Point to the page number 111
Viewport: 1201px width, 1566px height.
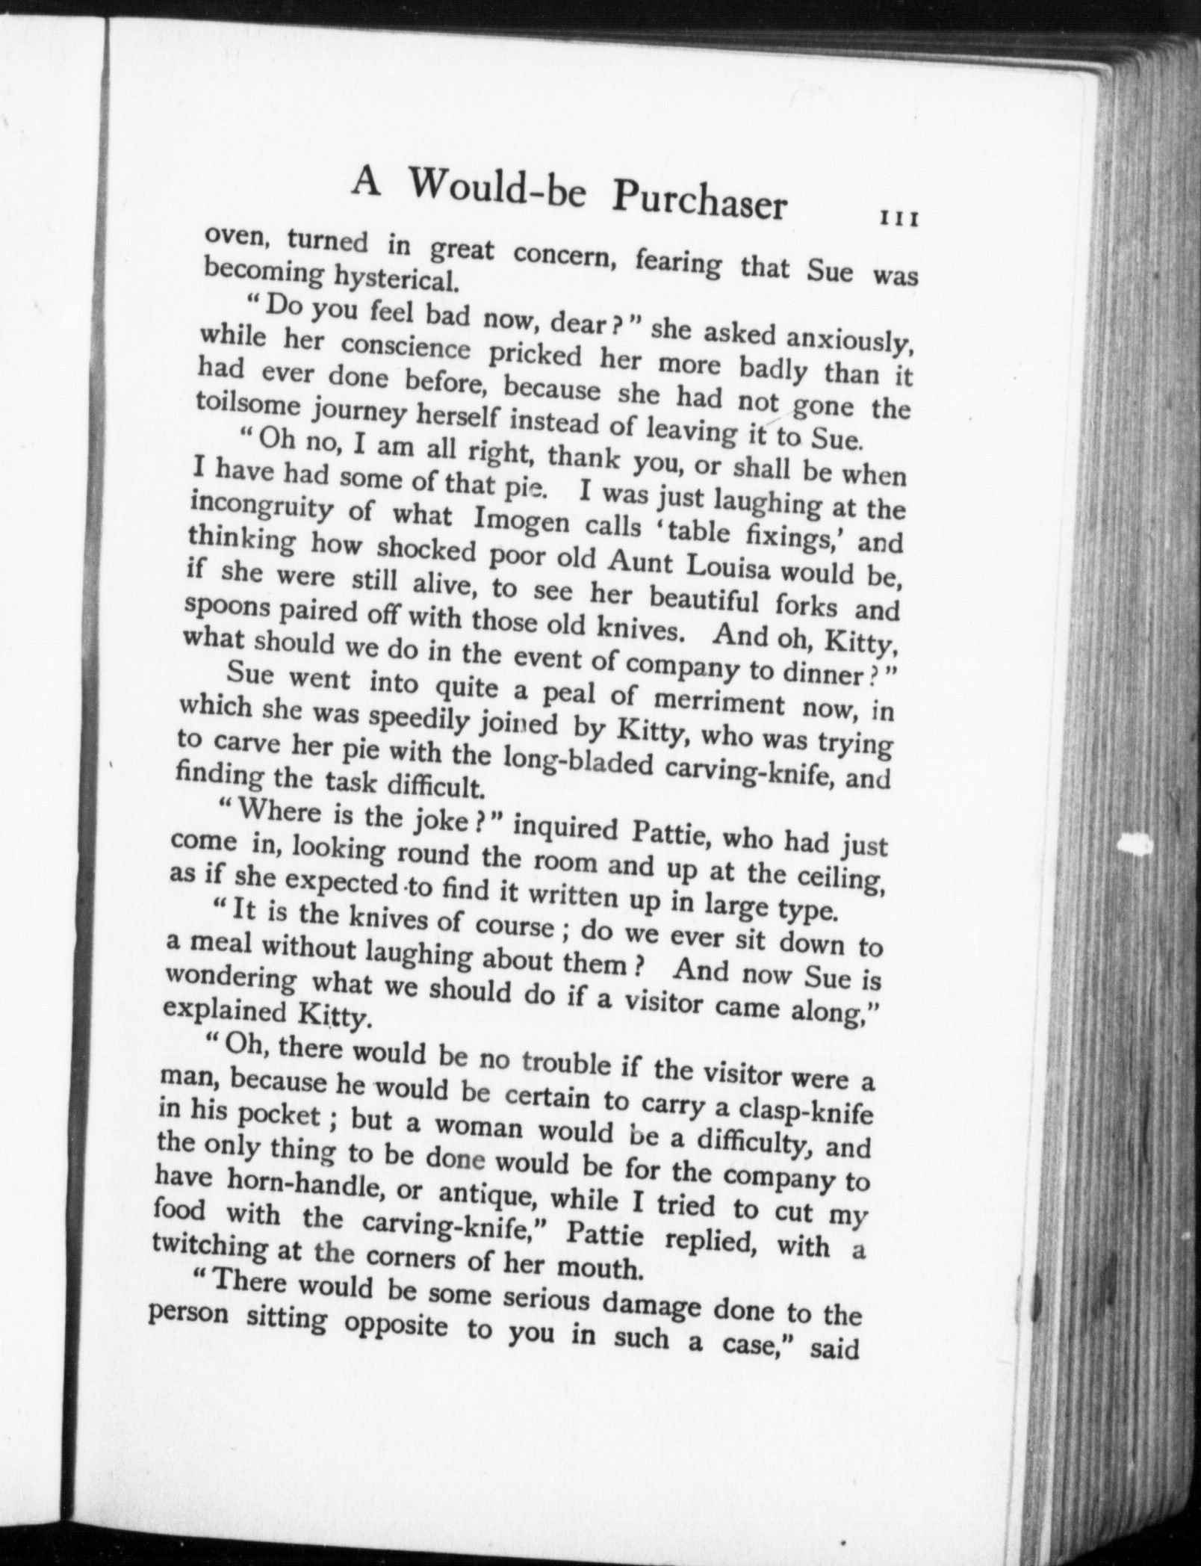pos(899,219)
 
